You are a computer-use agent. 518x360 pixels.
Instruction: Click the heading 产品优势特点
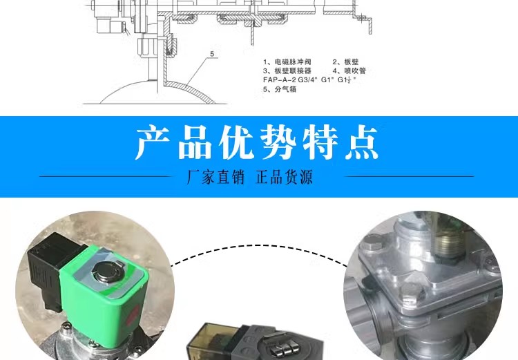pyautogui.click(x=257, y=142)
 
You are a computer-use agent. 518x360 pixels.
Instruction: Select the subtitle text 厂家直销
pyautogui.click(x=215, y=177)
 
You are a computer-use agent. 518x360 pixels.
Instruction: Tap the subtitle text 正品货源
pyautogui.click(x=284, y=177)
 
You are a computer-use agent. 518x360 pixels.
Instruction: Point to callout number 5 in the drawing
pyautogui.click(x=212, y=54)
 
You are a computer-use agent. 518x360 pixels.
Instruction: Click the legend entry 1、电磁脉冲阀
pyautogui.click(x=287, y=61)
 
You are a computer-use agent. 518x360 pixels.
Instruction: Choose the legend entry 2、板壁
pyautogui.click(x=345, y=61)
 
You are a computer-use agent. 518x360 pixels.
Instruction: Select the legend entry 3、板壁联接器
pyautogui.click(x=287, y=70)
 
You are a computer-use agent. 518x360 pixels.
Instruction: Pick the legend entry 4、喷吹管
pyautogui.click(x=349, y=70)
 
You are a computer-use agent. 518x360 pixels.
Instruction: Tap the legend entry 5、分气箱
pyautogui.click(x=280, y=89)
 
